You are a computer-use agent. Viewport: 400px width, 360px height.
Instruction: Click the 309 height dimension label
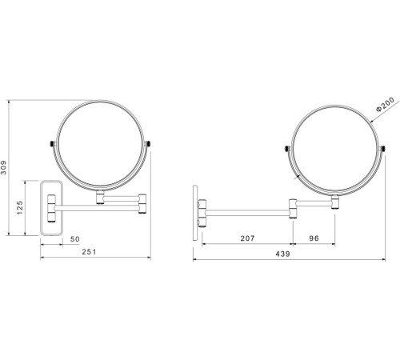[x=3, y=167]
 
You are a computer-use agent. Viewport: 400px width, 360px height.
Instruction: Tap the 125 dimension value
[x=20, y=208]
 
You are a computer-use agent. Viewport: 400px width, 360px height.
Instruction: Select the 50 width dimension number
[x=75, y=239]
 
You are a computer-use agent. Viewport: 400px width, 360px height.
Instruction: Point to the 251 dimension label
[x=89, y=252]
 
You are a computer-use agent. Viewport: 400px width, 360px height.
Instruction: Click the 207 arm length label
[x=247, y=238]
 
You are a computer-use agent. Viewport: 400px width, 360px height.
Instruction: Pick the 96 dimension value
[x=314, y=238]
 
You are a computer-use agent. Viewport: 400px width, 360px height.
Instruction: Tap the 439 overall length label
[x=282, y=254]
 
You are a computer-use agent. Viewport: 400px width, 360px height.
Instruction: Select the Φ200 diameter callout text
[x=385, y=104]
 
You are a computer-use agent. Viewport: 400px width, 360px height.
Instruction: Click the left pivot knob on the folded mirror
[x=53, y=144]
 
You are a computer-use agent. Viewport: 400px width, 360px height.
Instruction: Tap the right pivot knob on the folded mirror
[x=148, y=144]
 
